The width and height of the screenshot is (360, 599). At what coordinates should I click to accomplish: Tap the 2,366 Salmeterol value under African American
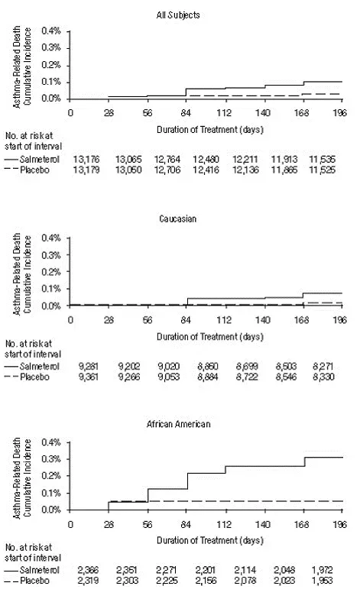[73, 570]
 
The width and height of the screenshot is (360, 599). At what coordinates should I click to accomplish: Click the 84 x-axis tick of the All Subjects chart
[186, 111]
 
